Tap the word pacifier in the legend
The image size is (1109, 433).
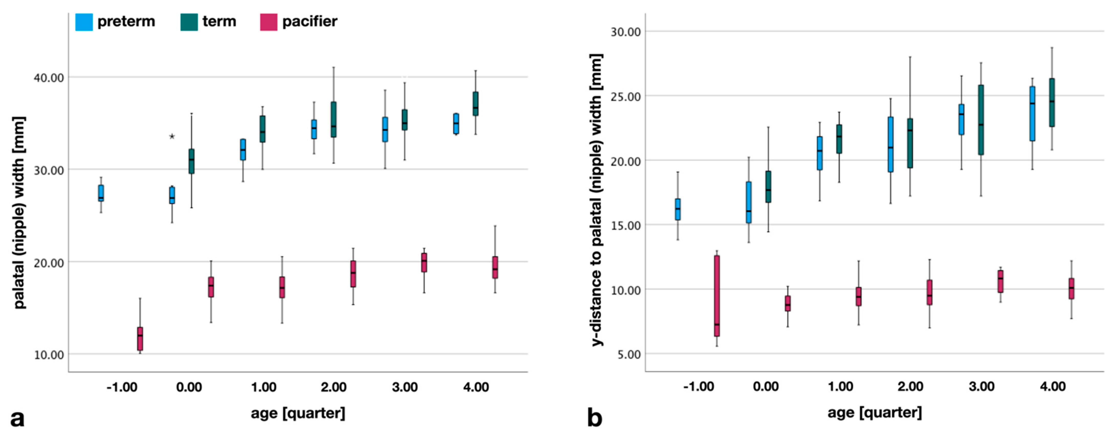pyautogui.click(x=310, y=21)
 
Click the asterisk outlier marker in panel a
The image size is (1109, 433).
pyautogui.click(x=172, y=137)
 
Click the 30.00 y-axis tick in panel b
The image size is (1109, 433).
pyautogui.click(x=626, y=31)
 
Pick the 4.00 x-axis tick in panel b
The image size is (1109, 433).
pyautogui.click(x=1053, y=386)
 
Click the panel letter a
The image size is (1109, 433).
pyautogui.click(x=17, y=418)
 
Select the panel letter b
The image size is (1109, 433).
pyautogui.click(x=594, y=418)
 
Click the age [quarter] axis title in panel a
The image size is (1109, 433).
pyautogui.click(x=298, y=413)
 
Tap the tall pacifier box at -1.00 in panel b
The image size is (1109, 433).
pyautogui.click(x=717, y=296)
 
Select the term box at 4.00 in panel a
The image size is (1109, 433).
pyautogui.click(x=475, y=104)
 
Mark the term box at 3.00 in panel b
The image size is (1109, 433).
pyautogui.click(x=981, y=120)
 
